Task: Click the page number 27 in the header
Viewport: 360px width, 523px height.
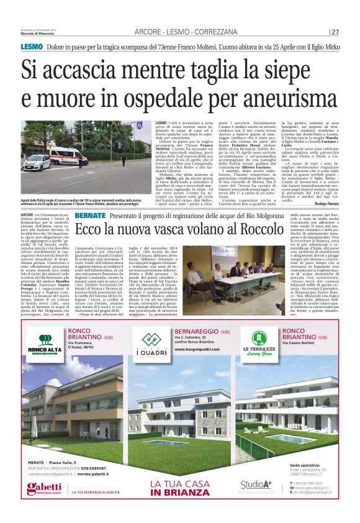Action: [335, 32]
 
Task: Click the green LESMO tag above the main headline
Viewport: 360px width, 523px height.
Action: [31, 47]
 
